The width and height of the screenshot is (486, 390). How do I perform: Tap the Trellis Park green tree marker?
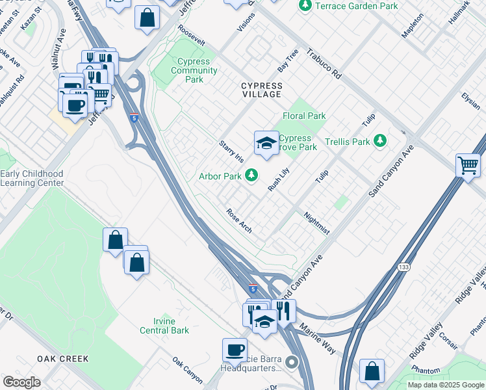pyautogui.click(x=380, y=141)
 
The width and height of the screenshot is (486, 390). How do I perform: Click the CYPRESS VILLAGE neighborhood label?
pyautogui.click(x=261, y=90)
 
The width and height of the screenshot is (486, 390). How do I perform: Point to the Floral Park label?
pyautogui.click(x=304, y=116)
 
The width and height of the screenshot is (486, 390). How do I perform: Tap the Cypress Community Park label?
pyautogui.click(x=193, y=71)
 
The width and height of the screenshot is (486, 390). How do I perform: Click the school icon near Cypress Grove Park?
pyautogui.click(x=266, y=144)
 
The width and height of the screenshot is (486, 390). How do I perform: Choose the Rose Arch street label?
pyautogui.click(x=238, y=221)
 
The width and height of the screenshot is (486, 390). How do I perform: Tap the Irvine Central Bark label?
pyautogui.click(x=164, y=326)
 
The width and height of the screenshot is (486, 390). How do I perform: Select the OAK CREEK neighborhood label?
pyautogui.click(x=62, y=359)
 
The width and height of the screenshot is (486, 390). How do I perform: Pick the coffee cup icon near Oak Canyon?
pyautogui.click(x=235, y=350)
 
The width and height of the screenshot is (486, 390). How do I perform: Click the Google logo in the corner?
pyautogui.click(x=21, y=382)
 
